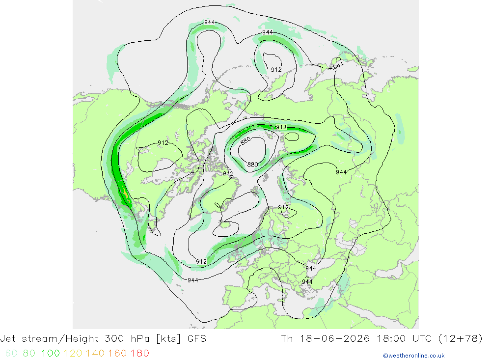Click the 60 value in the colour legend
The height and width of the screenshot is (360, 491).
point(11,354)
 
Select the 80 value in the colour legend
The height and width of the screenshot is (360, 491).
point(29,354)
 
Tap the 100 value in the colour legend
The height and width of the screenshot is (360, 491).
point(51,354)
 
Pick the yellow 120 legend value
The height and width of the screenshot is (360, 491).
point(73,354)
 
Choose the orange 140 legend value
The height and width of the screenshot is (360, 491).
point(95,354)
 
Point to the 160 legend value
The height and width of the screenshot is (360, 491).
point(117,354)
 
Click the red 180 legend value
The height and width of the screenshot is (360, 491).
point(139,354)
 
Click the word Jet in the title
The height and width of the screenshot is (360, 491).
point(8,339)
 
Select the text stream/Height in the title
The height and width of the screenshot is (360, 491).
point(60,339)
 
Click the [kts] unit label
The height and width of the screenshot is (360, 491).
point(168,339)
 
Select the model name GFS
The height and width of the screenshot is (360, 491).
point(197,339)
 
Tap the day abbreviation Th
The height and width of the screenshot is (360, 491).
point(287,339)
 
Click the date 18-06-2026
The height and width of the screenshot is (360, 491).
point(335,339)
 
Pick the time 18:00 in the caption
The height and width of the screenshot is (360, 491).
point(391,339)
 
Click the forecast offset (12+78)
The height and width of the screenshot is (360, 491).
point(461,339)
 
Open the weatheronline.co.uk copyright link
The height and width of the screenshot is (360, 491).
point(413,356)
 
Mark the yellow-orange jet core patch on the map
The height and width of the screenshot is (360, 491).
point(125,194)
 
